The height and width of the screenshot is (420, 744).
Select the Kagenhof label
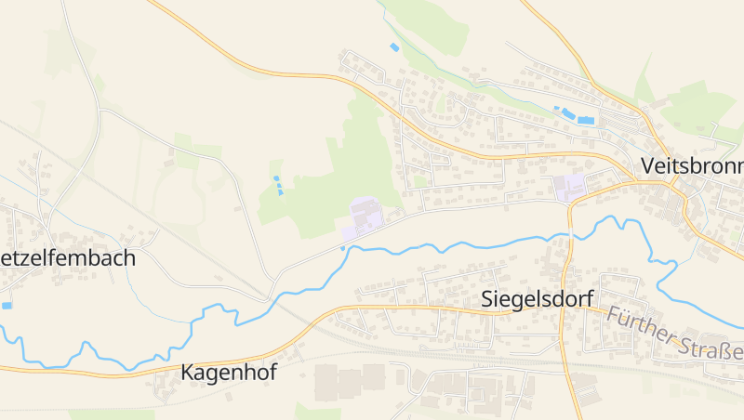(x=229, y=373)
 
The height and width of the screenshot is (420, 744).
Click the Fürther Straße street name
(x=675, y=335)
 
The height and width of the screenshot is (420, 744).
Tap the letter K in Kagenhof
(x=187, y=373)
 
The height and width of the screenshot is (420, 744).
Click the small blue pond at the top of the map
(x=394, y=46)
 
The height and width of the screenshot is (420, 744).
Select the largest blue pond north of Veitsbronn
(x=585, y=120)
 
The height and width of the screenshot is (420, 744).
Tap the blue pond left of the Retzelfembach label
(x=7, y=305)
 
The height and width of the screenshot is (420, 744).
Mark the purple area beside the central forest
(x=364, y=217)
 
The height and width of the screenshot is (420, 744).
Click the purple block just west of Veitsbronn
(x=569, y=187)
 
